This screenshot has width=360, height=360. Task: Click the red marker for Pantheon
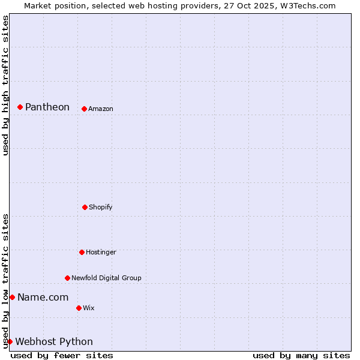(20, 107)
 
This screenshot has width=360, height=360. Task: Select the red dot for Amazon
(84, 109)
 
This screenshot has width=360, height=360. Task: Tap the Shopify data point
(85, 207)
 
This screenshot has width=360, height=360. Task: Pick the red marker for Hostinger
(82, 252)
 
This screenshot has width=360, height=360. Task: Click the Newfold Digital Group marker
(67, 278)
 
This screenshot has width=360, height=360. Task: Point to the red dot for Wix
(79, 308)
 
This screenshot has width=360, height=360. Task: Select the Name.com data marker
(12, 297)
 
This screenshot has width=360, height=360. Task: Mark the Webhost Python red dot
(10, 341)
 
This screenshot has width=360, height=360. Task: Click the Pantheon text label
(47, 107)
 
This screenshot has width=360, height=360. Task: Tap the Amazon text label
(101, 109)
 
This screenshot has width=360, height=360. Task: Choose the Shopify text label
(101, 207)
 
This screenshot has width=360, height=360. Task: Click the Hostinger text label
(101, 252)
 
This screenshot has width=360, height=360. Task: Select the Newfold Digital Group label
(107, 278)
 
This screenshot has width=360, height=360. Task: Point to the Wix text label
(89, 308)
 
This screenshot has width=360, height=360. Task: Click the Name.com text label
(43, 297)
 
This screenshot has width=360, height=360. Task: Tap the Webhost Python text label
(54, 341)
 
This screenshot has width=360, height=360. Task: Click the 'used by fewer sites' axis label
(62, 355)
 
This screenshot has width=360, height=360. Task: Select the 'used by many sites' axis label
(301, 355)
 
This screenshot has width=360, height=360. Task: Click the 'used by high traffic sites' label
(5, 85)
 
